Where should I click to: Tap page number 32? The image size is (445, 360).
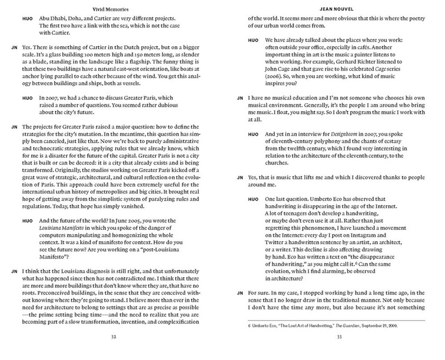[112, 336]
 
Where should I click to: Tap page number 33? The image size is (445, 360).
[339, 336]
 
